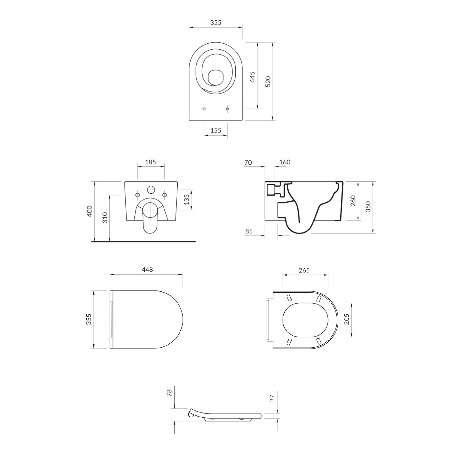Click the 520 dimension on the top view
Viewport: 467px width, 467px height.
pos(268,82)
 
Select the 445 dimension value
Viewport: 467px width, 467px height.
pos(252,77)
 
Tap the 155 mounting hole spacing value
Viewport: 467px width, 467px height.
pos(216,130)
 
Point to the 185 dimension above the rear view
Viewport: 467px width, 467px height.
pos(150,162)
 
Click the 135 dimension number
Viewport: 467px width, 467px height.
pos(186,199)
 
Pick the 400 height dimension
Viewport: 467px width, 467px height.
pos(90,211)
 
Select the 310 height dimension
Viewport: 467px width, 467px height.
pos(105,217)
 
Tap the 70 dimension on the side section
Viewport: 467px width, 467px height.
pos(248,162)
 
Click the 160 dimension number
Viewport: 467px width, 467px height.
pos(285,162)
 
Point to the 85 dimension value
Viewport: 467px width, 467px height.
pos(249,231)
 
